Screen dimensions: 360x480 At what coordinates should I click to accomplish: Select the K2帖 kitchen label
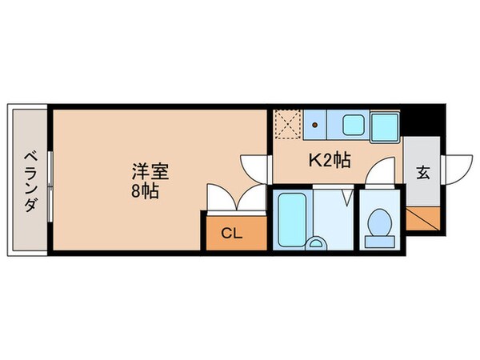point(330,160)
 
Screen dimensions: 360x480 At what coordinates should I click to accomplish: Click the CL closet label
point(231,234)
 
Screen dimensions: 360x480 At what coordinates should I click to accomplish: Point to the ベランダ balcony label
point(30,182)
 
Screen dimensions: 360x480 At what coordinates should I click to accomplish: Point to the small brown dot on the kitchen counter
point(315,125)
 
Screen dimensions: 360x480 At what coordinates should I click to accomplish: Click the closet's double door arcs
point(236,198)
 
